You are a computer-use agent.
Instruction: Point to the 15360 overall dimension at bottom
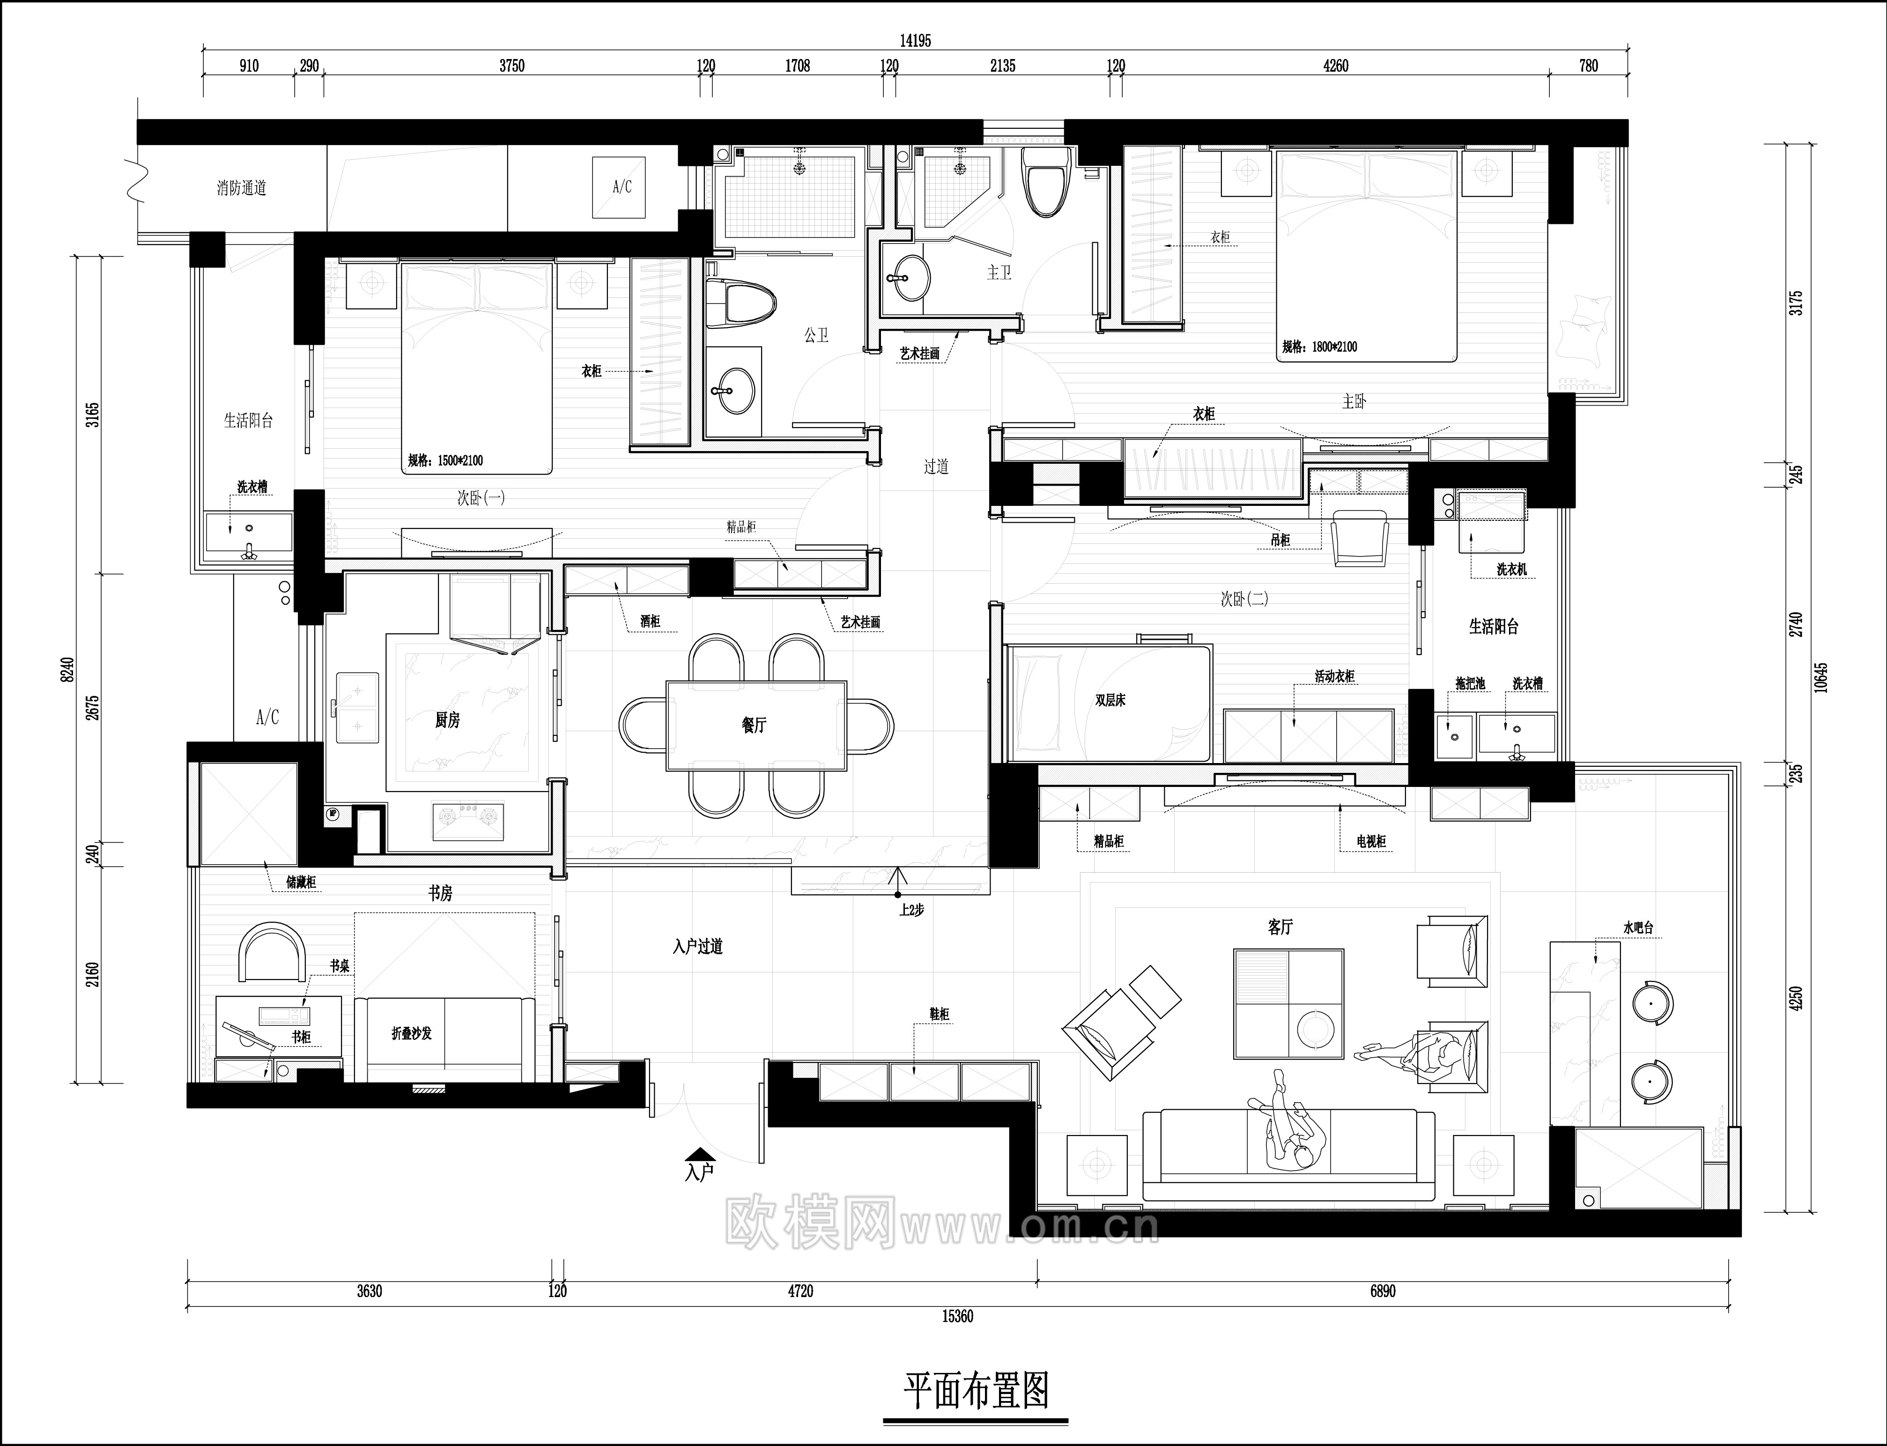[x=957, y=1317]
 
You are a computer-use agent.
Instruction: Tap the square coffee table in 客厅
[x=1288, y=1004]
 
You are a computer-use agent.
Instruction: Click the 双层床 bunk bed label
[x=1110, y=701]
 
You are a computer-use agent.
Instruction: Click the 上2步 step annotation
[x=911, y=910]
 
